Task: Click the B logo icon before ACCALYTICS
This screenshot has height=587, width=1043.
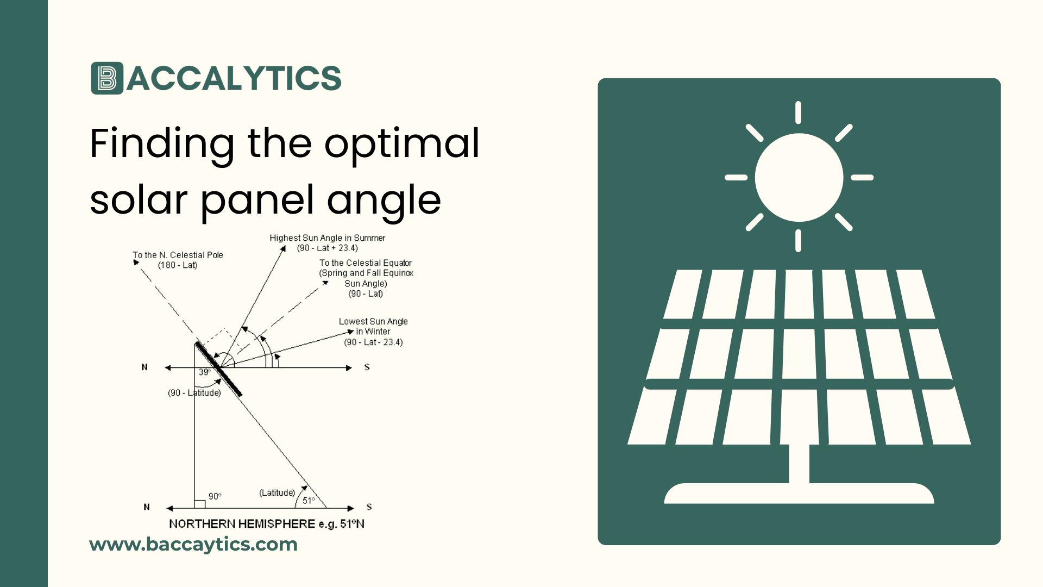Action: pyautogui.click(x=107, y=78)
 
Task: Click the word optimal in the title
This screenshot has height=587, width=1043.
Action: pyautogui.click(x=401, y=143)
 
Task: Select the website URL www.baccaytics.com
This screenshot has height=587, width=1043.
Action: pyautogui.click(x=193, y=544)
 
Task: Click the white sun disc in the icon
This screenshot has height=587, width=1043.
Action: pyautogui.click(x=799, y=177)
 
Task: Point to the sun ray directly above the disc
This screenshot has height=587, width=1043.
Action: pyautogui.click(x=798, y=113)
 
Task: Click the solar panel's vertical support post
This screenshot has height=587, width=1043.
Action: pyautogui.click(x=799, y=464)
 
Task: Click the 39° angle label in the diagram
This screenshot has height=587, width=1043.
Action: pyautogui.click(x=204, y=372)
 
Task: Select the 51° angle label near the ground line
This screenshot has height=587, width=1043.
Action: pyautogui.click(x=309, y=501)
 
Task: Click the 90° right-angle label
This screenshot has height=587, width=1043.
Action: pyautogui.click(x=215, y=496)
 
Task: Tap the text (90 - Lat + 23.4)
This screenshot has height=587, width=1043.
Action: pyautogui.click(x=327, y=248)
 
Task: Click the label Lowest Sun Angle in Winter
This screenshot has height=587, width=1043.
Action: pyautogui.click(x=373, y=327)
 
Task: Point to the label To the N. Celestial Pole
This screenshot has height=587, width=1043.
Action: pyautogui.click(x=178, y=255)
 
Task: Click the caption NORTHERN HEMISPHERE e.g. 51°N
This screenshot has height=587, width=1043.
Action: pyautogui.click(x=266, y=524)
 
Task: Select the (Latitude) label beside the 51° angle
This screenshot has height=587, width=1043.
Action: pyautogui.click(x=277, y=492)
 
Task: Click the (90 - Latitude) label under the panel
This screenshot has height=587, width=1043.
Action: pyautogui.click(x=194, y=393)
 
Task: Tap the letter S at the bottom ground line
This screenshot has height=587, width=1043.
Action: pyautogui.click(x=369, y=507)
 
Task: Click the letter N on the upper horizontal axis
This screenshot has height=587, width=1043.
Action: pyautogui.click(x=144, y=367)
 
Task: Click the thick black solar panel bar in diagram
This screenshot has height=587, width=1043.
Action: pyautogui.click(x=219, y=369)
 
